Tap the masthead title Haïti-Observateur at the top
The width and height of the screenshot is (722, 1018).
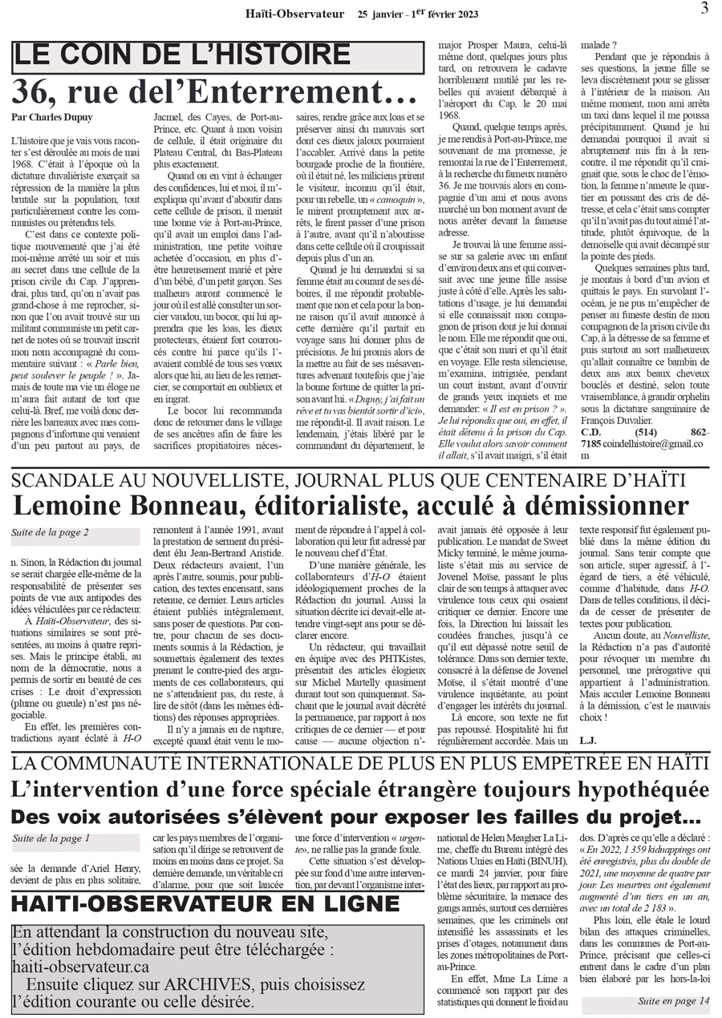pos(294,14)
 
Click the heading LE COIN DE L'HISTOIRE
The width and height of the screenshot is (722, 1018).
pos(183,55)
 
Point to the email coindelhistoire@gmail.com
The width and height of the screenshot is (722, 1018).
pos(633,444)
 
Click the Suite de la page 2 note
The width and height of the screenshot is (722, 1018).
pos(50,531)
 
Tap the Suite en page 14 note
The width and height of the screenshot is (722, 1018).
pos(674,1000)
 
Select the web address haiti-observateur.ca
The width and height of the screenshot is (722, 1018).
pos(80,968)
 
